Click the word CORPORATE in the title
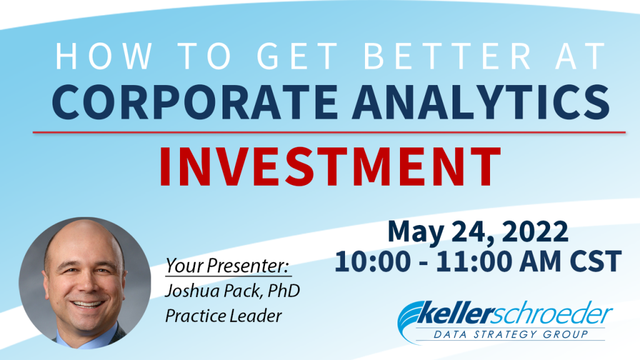[195, 102]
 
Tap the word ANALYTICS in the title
[481, 102]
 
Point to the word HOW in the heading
[104, 56]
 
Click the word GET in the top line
[297, 56]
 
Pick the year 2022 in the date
[535, 231]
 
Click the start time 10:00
[372, 261]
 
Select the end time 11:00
[474, 261]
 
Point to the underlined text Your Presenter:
[227, 266]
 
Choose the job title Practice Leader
[223, 316]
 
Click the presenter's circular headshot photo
[85, 283]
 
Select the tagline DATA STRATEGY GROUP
[511, 334]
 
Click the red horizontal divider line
[329, 132]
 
